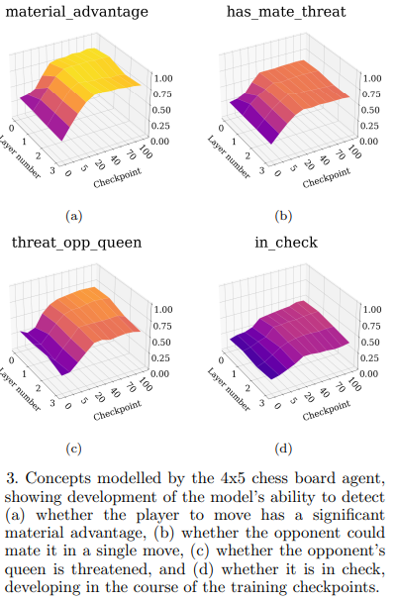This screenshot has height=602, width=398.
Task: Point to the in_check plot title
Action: pyautogui.click(x=285, y=241)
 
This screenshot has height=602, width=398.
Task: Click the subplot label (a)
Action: pyautogui.click(x=72, y=213)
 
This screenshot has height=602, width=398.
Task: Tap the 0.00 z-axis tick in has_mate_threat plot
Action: pyautogui.click(x=371, y=141)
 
